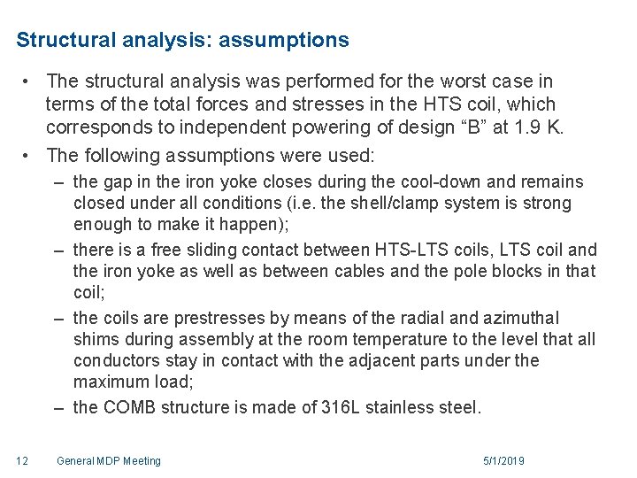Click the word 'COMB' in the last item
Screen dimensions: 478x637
[130, 409]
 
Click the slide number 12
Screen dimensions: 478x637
[22, 461]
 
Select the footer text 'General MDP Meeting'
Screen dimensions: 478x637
[108, 461]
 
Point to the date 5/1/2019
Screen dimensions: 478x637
[503, 461]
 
